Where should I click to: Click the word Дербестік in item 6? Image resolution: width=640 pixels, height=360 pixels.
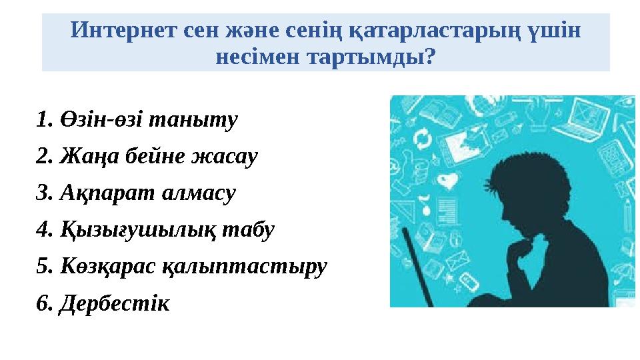click(x=114, y=303)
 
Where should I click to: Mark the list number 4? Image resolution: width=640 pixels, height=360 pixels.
click(x=43, y=230)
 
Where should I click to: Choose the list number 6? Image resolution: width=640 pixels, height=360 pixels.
click(x=43, y=303)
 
